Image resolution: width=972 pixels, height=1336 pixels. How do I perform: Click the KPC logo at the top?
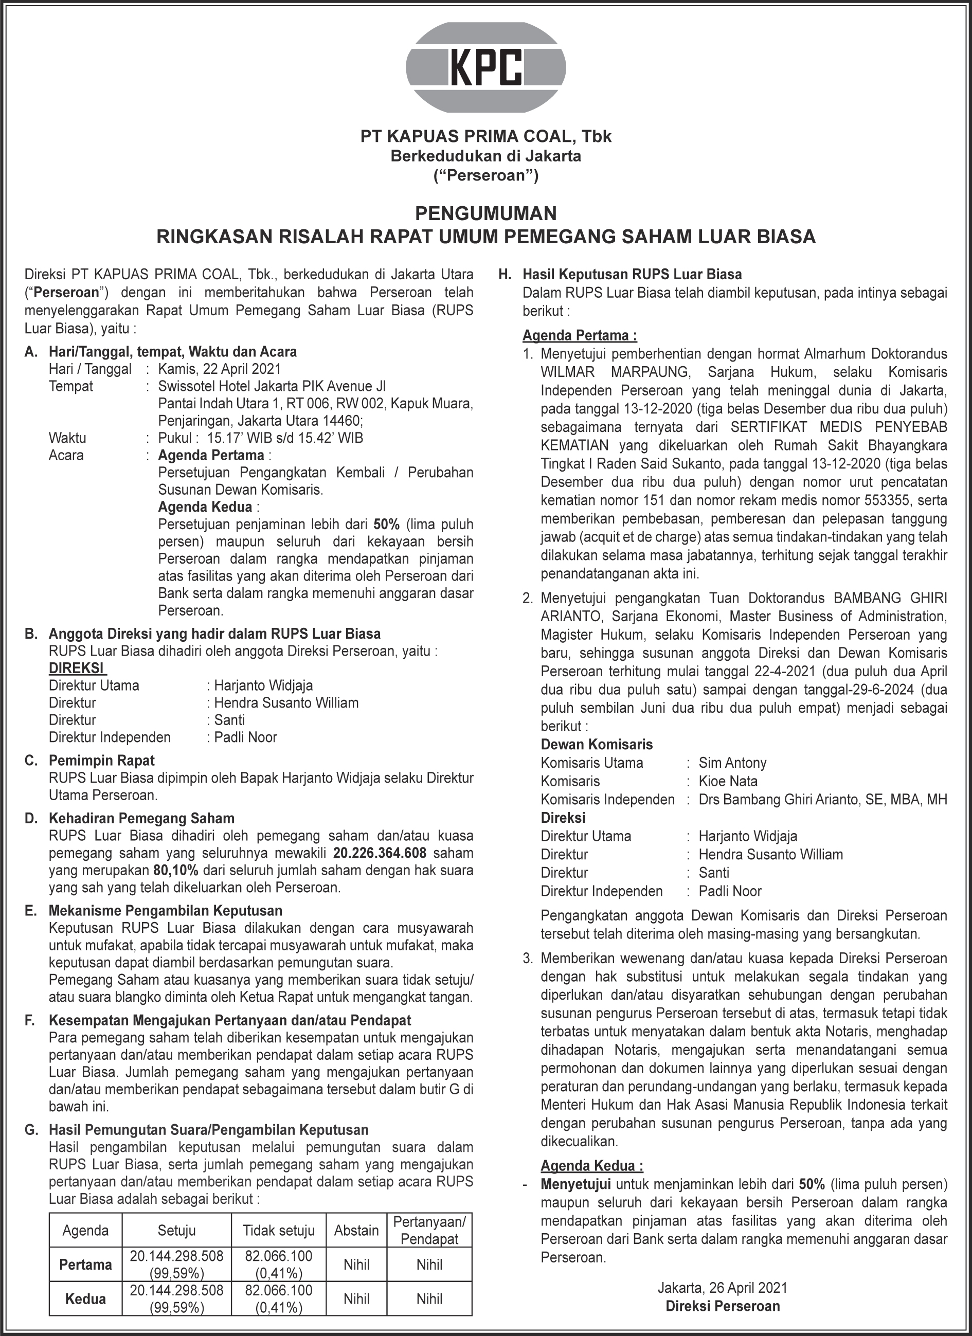tap(486, 67)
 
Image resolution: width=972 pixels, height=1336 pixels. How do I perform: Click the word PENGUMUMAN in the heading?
tap(485, 213)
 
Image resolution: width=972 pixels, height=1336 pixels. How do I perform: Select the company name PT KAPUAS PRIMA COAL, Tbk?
tap(486, 137)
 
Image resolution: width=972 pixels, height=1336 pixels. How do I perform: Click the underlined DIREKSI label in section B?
tap(77, 668)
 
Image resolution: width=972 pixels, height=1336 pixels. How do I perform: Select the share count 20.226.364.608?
tap(380, 853)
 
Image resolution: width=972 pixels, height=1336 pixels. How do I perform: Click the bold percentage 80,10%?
tap(175, 870)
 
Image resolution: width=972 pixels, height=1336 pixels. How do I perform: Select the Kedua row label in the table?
tap(85, 1298)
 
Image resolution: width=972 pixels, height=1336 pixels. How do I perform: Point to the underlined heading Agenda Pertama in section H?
tap(580, 336)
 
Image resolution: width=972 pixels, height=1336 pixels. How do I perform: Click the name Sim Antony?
tap(732, 763)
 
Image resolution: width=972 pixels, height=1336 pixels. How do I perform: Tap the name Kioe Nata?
tap(728, 781)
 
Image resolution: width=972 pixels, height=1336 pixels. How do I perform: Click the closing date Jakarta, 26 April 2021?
tap(722, 1288)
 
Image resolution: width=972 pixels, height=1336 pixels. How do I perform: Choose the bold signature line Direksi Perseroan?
tap(722, 1306)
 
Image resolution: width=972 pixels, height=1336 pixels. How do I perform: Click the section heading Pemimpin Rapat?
tap(101, 761)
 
